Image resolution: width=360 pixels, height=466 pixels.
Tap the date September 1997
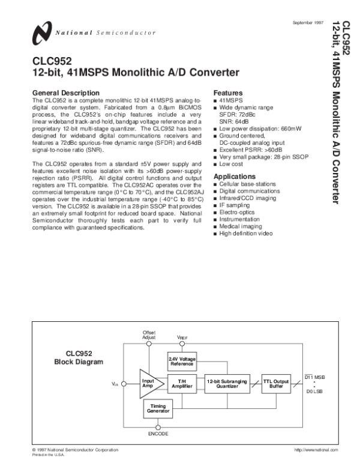tap(307, 22)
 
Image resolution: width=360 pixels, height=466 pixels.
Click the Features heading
tap(228, 93)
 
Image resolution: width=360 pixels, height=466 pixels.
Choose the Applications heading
tap(235, 177)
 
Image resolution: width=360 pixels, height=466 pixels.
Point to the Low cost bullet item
tap(231, 164)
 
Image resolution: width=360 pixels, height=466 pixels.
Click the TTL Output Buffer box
tap(277, 384)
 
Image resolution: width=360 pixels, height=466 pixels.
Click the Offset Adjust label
tap(149, 335)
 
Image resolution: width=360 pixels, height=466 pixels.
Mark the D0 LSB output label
tap(314, 392)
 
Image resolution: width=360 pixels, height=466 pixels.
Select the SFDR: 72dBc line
tap(236, 113)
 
